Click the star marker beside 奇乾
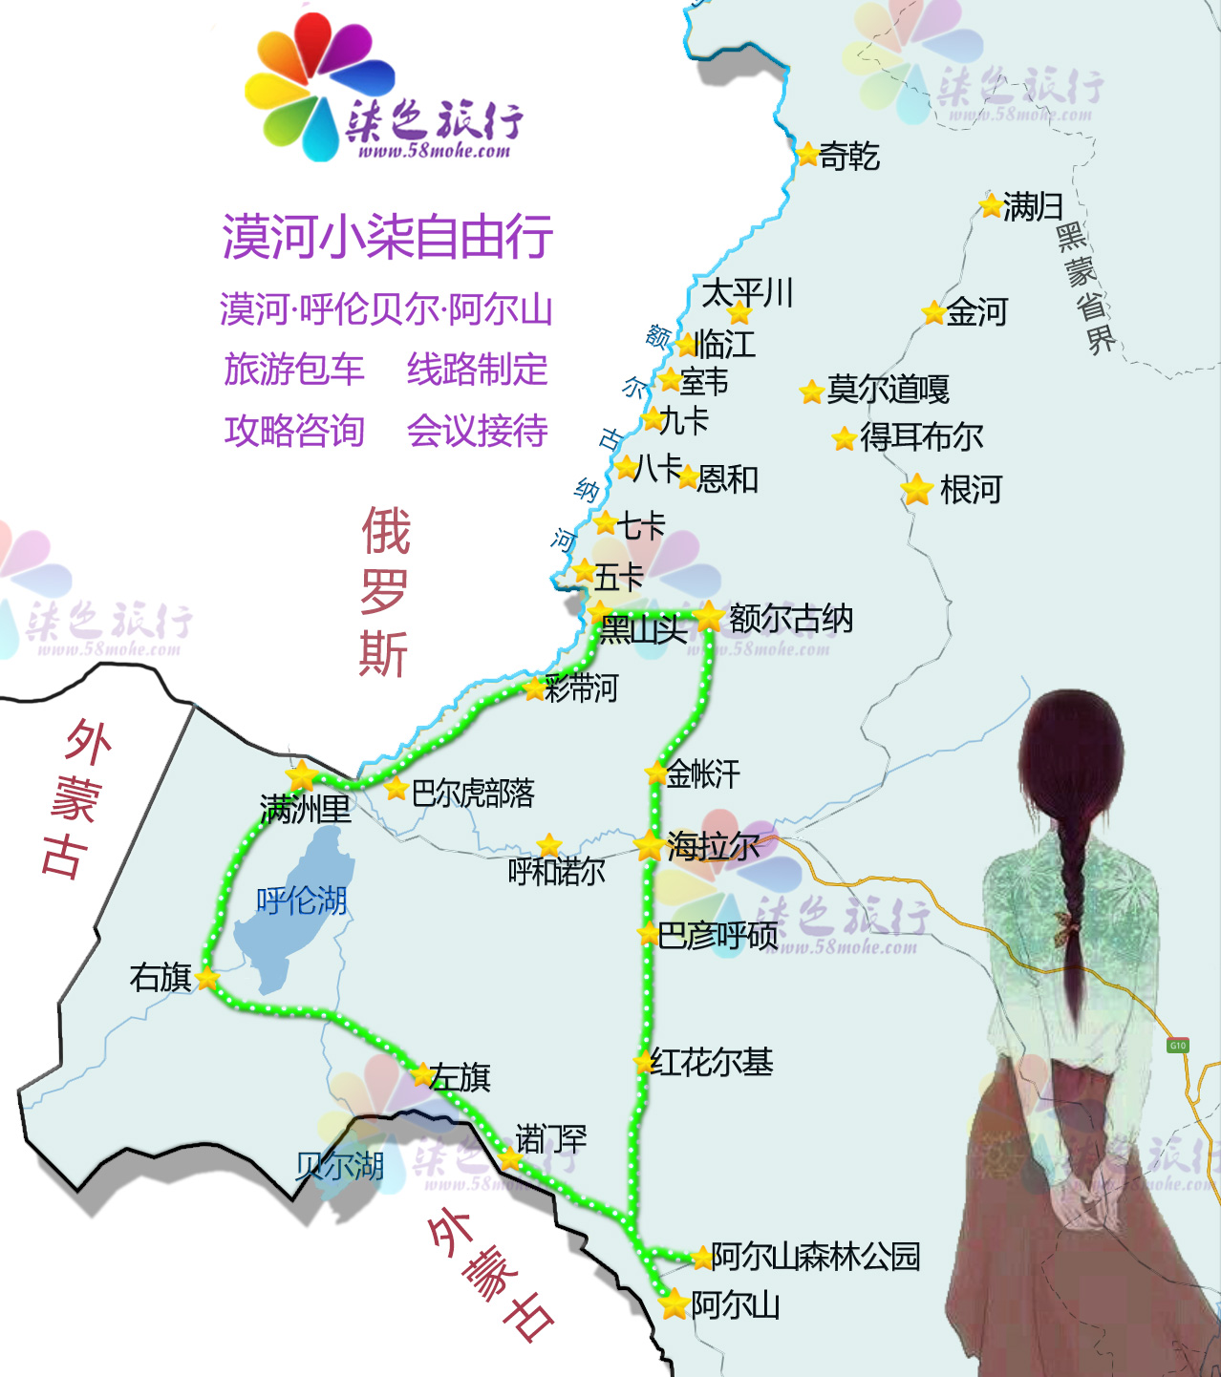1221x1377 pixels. pos(807,154)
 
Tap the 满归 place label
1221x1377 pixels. pos(1033,206)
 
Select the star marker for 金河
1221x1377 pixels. pos(933,312)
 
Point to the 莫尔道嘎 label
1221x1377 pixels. pos(888,390)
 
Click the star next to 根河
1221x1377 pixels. pos(917,490)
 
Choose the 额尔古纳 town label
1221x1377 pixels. pos(790,619)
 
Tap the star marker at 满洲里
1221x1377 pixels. pos(302,775)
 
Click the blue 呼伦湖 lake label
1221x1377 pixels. pos(301,900)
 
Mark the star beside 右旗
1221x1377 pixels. pos(207,978)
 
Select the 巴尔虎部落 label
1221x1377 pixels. pos(473,793)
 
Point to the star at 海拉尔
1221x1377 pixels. pos(650,845)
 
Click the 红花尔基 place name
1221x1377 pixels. pos(712,1062)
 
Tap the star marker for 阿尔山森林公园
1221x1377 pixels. pos(702,1257)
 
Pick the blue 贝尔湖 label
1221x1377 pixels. pos(339,1166)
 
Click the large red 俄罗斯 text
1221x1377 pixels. pos(384,592)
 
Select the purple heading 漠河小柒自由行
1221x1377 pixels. pos(387,237)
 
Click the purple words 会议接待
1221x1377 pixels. pos(477,431)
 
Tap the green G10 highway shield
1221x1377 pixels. pos(1177,1046)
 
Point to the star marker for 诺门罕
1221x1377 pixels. pos(510,1159)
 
